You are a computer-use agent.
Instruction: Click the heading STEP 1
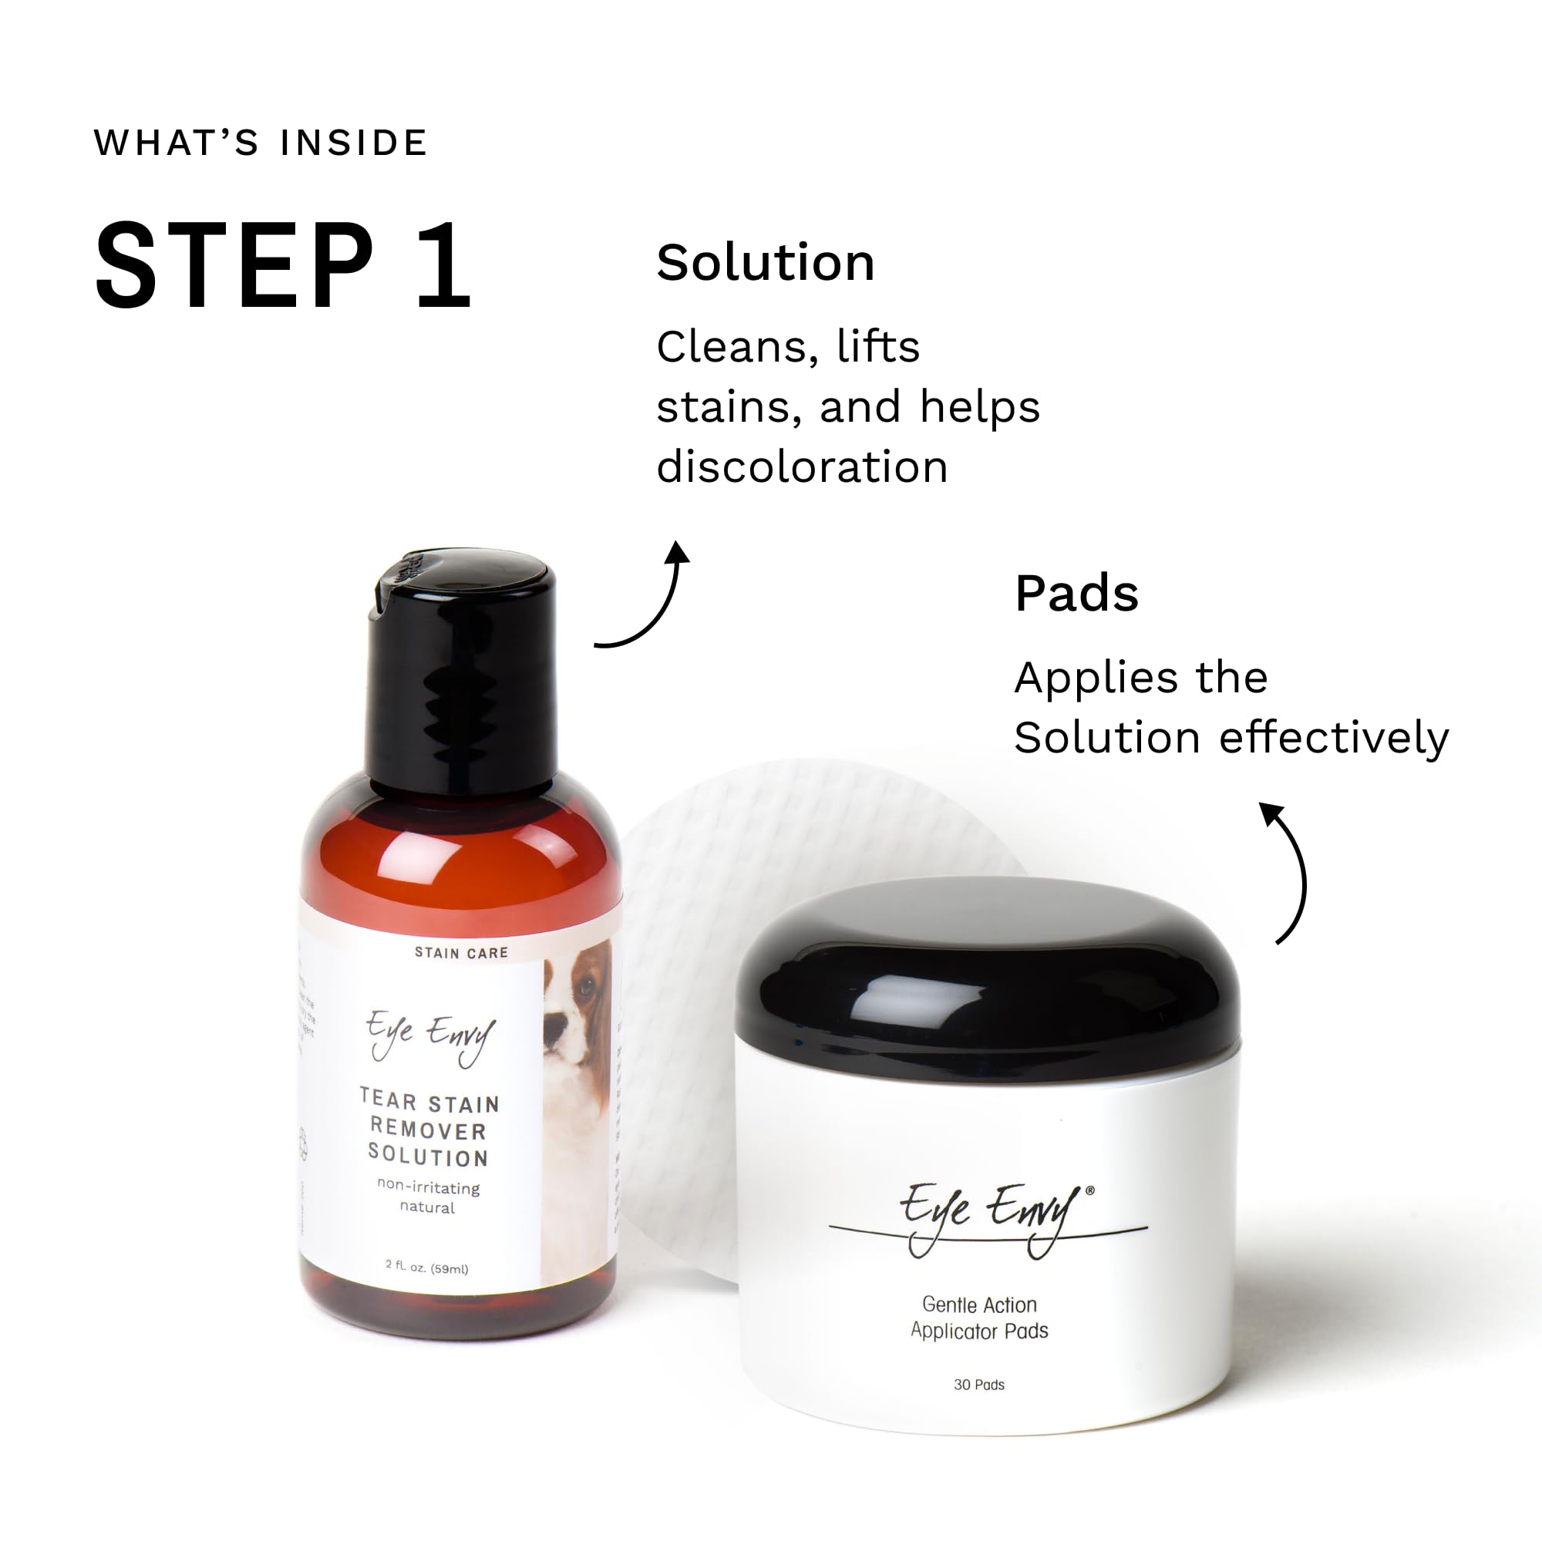click(283, 265)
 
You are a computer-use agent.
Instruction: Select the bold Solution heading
click(766, 263)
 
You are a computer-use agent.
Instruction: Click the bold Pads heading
click(1076, 593)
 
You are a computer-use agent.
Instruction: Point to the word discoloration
click(802, 467)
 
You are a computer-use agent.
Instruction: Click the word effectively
click(1335, 738)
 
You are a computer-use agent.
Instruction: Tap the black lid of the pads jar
click(988, 985)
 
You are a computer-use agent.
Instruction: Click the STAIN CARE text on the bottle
click(461, 953)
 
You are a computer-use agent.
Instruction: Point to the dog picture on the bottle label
click(576, 1102)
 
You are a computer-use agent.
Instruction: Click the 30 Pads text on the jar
click(979, 1385)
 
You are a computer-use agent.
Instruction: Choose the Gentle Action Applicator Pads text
click(979, 1318)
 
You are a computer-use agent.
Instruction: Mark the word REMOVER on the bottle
click(429, 1130)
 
